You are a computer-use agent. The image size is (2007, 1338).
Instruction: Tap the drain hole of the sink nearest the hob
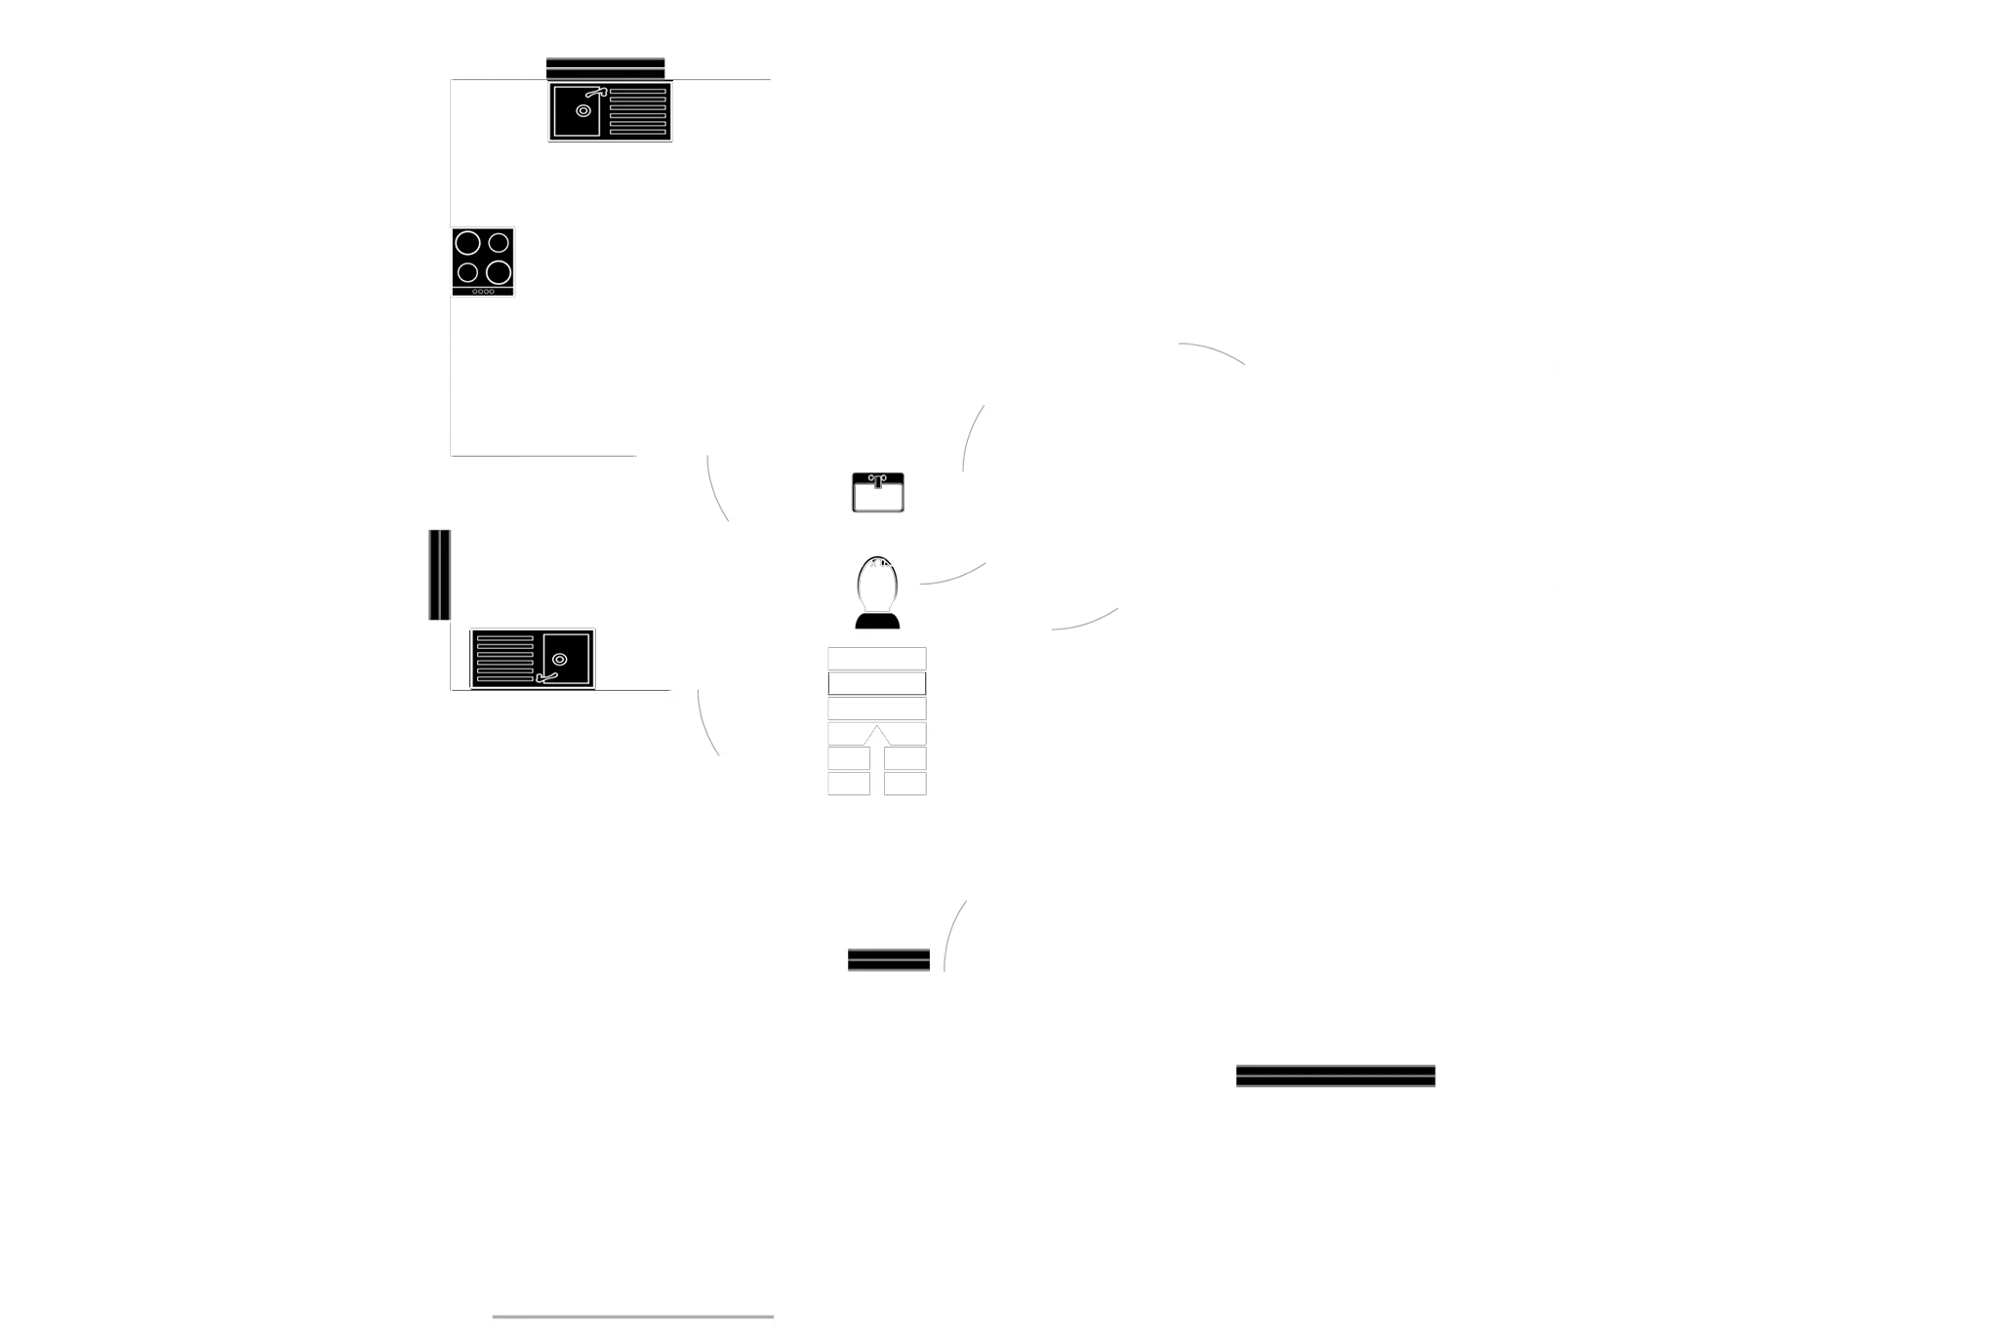pos(583,110)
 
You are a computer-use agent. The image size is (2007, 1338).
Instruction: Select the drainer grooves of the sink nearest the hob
pos(639,111)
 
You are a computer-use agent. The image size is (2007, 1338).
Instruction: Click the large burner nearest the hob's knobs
pos(499,271)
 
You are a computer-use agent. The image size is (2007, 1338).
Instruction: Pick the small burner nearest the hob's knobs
pos(469,271)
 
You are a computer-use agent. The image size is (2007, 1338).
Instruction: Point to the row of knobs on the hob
pos(484,291)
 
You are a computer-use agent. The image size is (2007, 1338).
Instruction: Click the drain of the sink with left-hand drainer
pos(559,660)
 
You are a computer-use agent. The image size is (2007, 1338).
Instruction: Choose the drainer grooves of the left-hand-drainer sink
pos(503,660)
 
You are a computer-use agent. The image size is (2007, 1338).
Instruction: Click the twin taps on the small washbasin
pos(877,478)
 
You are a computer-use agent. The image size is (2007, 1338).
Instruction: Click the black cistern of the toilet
pos(876,622)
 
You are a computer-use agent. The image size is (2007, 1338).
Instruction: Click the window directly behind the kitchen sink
pos(605,65)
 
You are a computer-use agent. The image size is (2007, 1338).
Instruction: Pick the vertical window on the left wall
pos(437,575)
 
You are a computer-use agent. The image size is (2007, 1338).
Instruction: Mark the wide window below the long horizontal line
pos(1335,1076)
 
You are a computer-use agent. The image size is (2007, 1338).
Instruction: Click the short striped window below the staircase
pos(888,960)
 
